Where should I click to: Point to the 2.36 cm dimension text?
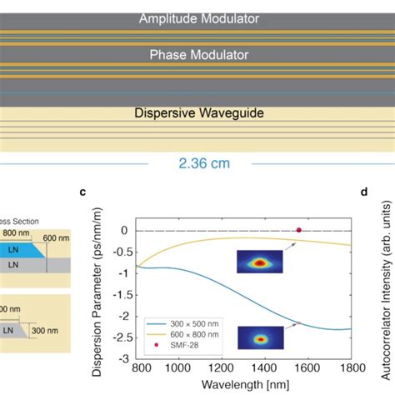click(197, 163)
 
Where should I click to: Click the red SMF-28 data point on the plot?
click(299, 230)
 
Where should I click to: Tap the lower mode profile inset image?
click(260, 337)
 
